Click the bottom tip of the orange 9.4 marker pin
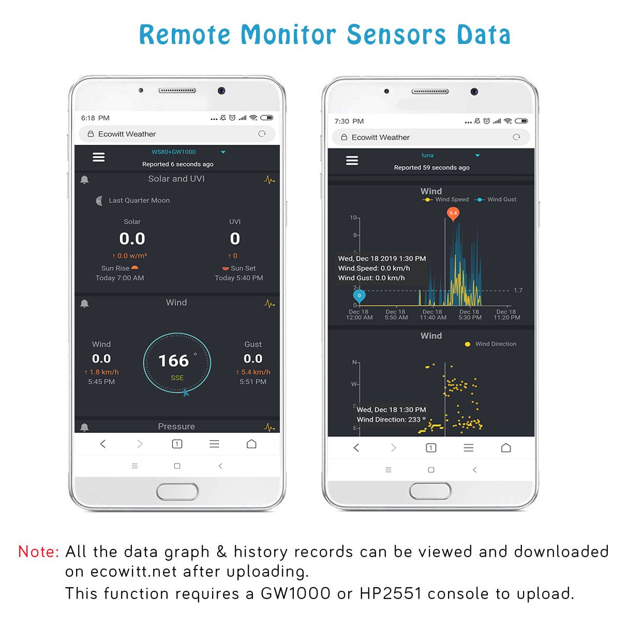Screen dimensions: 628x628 (x=453, y=222)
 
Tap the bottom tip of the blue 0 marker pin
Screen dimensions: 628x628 (x=359, y=305)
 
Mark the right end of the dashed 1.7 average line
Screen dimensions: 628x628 (x=509, y=290)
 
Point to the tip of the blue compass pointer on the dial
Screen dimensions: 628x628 (x=185, y=389)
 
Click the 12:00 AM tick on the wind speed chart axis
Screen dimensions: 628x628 (x=359, y=307)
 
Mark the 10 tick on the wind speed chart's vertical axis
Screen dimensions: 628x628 (x=358, y=218)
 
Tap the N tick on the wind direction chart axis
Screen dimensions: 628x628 (x=358, y=363)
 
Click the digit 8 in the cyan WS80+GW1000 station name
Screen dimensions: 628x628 (x=164, y=152)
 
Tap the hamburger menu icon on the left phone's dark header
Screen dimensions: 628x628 (x=98, y=157)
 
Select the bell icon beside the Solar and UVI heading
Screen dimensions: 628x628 (x=84, y=180)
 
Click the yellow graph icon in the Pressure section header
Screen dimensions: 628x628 (x=269, y=427)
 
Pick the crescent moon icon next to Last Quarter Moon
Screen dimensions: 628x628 (x=99, y=200)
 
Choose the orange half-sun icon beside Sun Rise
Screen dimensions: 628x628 (x=134, y=267)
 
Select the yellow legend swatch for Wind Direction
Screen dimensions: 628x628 (x=467, y=344)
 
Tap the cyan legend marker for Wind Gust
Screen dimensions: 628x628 (x=479, y=200)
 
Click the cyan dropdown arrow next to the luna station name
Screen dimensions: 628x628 (x=477, y=156)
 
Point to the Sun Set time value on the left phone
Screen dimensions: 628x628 (x=238, y=278)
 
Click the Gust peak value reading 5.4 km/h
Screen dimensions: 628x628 (x=253, y=372)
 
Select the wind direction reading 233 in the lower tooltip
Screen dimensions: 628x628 (x=414, y=420)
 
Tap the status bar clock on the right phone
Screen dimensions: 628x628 (x=349, y=121)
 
